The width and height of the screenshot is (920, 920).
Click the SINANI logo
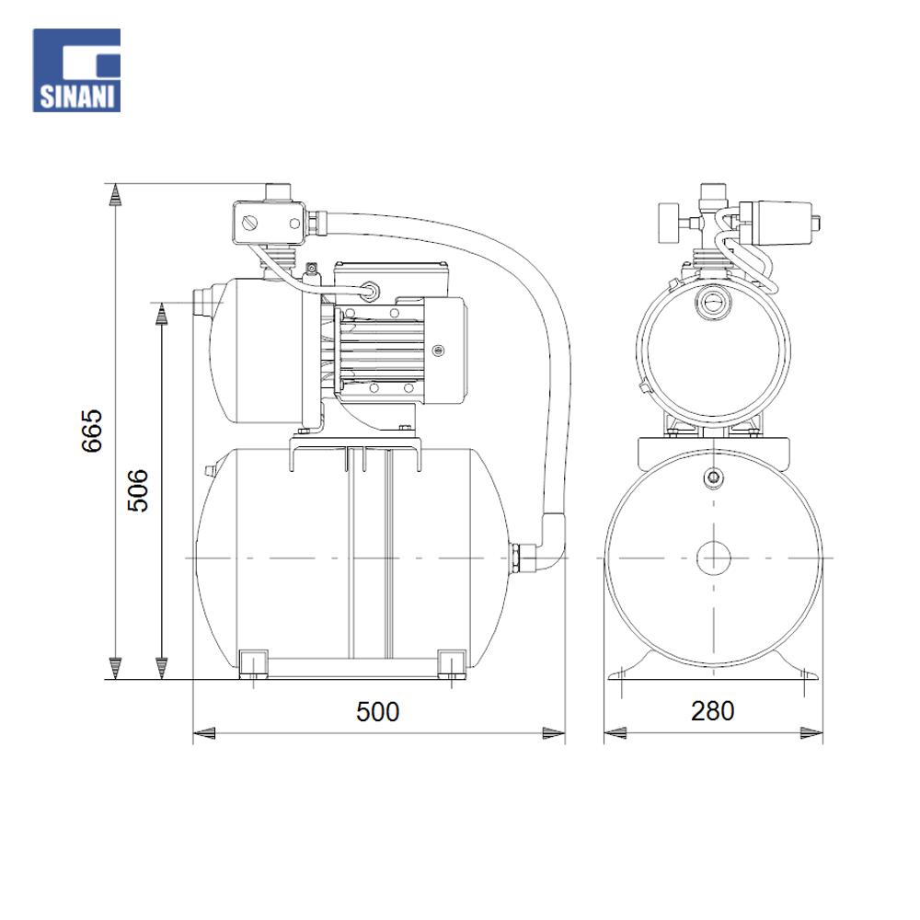point(76,71)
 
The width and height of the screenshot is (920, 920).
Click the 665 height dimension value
point(92,431)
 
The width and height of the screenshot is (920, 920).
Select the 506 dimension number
point(139,490)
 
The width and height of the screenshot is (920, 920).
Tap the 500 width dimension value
point(378,712)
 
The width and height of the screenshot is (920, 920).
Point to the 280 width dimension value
point(712,711)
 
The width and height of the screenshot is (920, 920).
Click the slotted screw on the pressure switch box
point(250,224)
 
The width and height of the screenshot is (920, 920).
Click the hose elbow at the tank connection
point(551,541)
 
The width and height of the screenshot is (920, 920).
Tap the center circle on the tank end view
point(714,558)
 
